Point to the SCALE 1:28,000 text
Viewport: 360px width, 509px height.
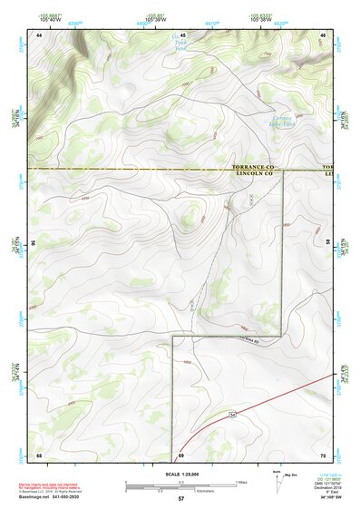pos(180,474)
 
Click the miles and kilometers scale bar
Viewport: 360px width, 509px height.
pos(180,485)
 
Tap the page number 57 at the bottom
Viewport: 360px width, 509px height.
pos(180,499)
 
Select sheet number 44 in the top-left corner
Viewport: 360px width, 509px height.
pos(39,34)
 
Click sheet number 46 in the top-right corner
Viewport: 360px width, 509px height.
pos(323,34)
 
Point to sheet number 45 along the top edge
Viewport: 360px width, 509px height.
pos(181,34)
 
